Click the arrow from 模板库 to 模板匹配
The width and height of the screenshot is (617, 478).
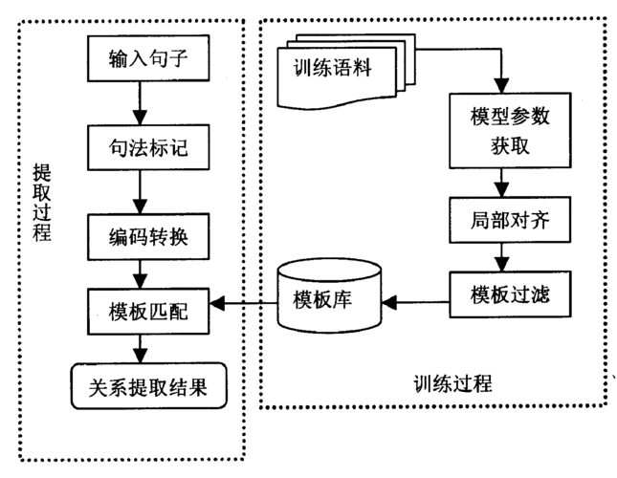point(244,305)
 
